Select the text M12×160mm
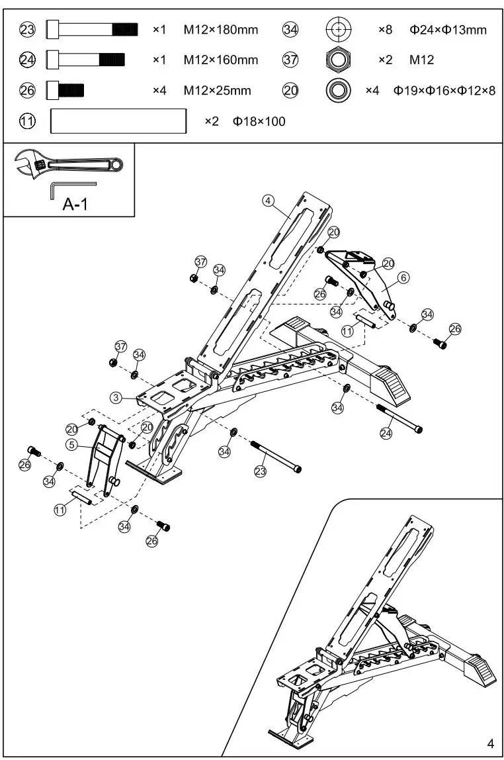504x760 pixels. [x=221, y=60]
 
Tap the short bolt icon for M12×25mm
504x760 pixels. [x=65, y=90]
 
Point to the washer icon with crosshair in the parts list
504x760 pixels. [x=339, y=30]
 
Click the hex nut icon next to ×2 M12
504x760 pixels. [x=339, y=60]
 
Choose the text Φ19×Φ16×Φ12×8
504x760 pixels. [x=444, y=91]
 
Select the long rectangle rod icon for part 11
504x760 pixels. [x=118, y=121]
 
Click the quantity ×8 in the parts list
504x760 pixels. [x=386, y=30]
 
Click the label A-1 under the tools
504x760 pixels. [x=75, y=205]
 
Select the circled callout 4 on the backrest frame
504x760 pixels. [x=268, y=201]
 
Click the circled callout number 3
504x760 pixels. [x=116, y=397]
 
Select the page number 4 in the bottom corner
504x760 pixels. [x=489, y=741]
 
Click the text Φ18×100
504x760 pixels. [x=259, y=121]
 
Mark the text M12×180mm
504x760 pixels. [x=221, y=30]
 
